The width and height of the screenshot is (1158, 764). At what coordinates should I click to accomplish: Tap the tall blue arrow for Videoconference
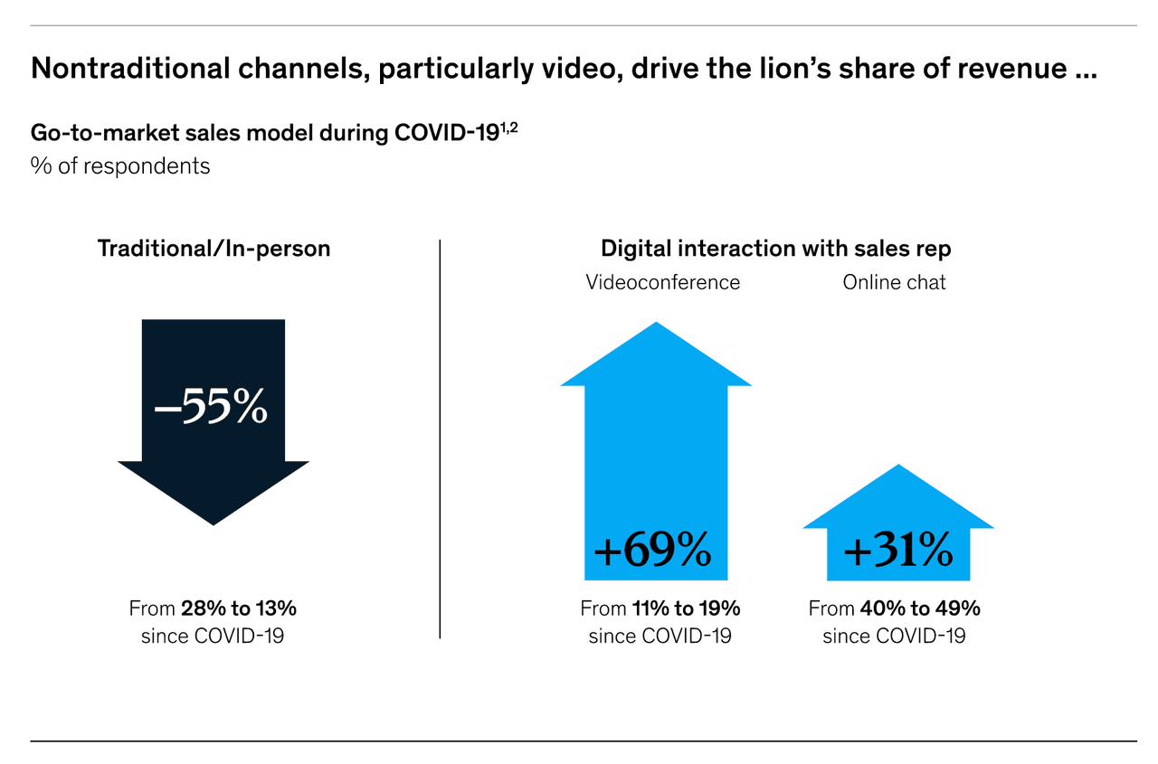coord(656,452)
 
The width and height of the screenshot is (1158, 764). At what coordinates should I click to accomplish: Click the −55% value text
coord(211,408)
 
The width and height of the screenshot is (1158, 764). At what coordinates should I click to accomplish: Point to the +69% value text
coord(652,549)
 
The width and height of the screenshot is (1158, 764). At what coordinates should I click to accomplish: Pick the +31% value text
coord(897,549)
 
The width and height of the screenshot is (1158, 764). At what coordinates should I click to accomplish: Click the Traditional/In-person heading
coord(214,249)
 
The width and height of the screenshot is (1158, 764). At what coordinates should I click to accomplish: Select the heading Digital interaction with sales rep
coord(775,249)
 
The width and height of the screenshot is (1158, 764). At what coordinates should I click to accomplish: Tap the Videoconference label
coord(662,282)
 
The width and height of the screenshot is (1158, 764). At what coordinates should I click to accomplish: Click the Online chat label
coord(894,282)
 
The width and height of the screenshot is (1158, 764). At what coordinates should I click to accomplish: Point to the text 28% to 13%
coord(238,608)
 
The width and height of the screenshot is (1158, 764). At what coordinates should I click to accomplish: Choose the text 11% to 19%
coord(685,608)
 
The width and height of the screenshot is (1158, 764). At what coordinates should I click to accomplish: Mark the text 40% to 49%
coord(920,608)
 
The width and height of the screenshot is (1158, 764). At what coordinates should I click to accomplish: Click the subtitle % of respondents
coord(120,166)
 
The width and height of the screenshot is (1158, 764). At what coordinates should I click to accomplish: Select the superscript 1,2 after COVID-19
coord(509,127)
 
